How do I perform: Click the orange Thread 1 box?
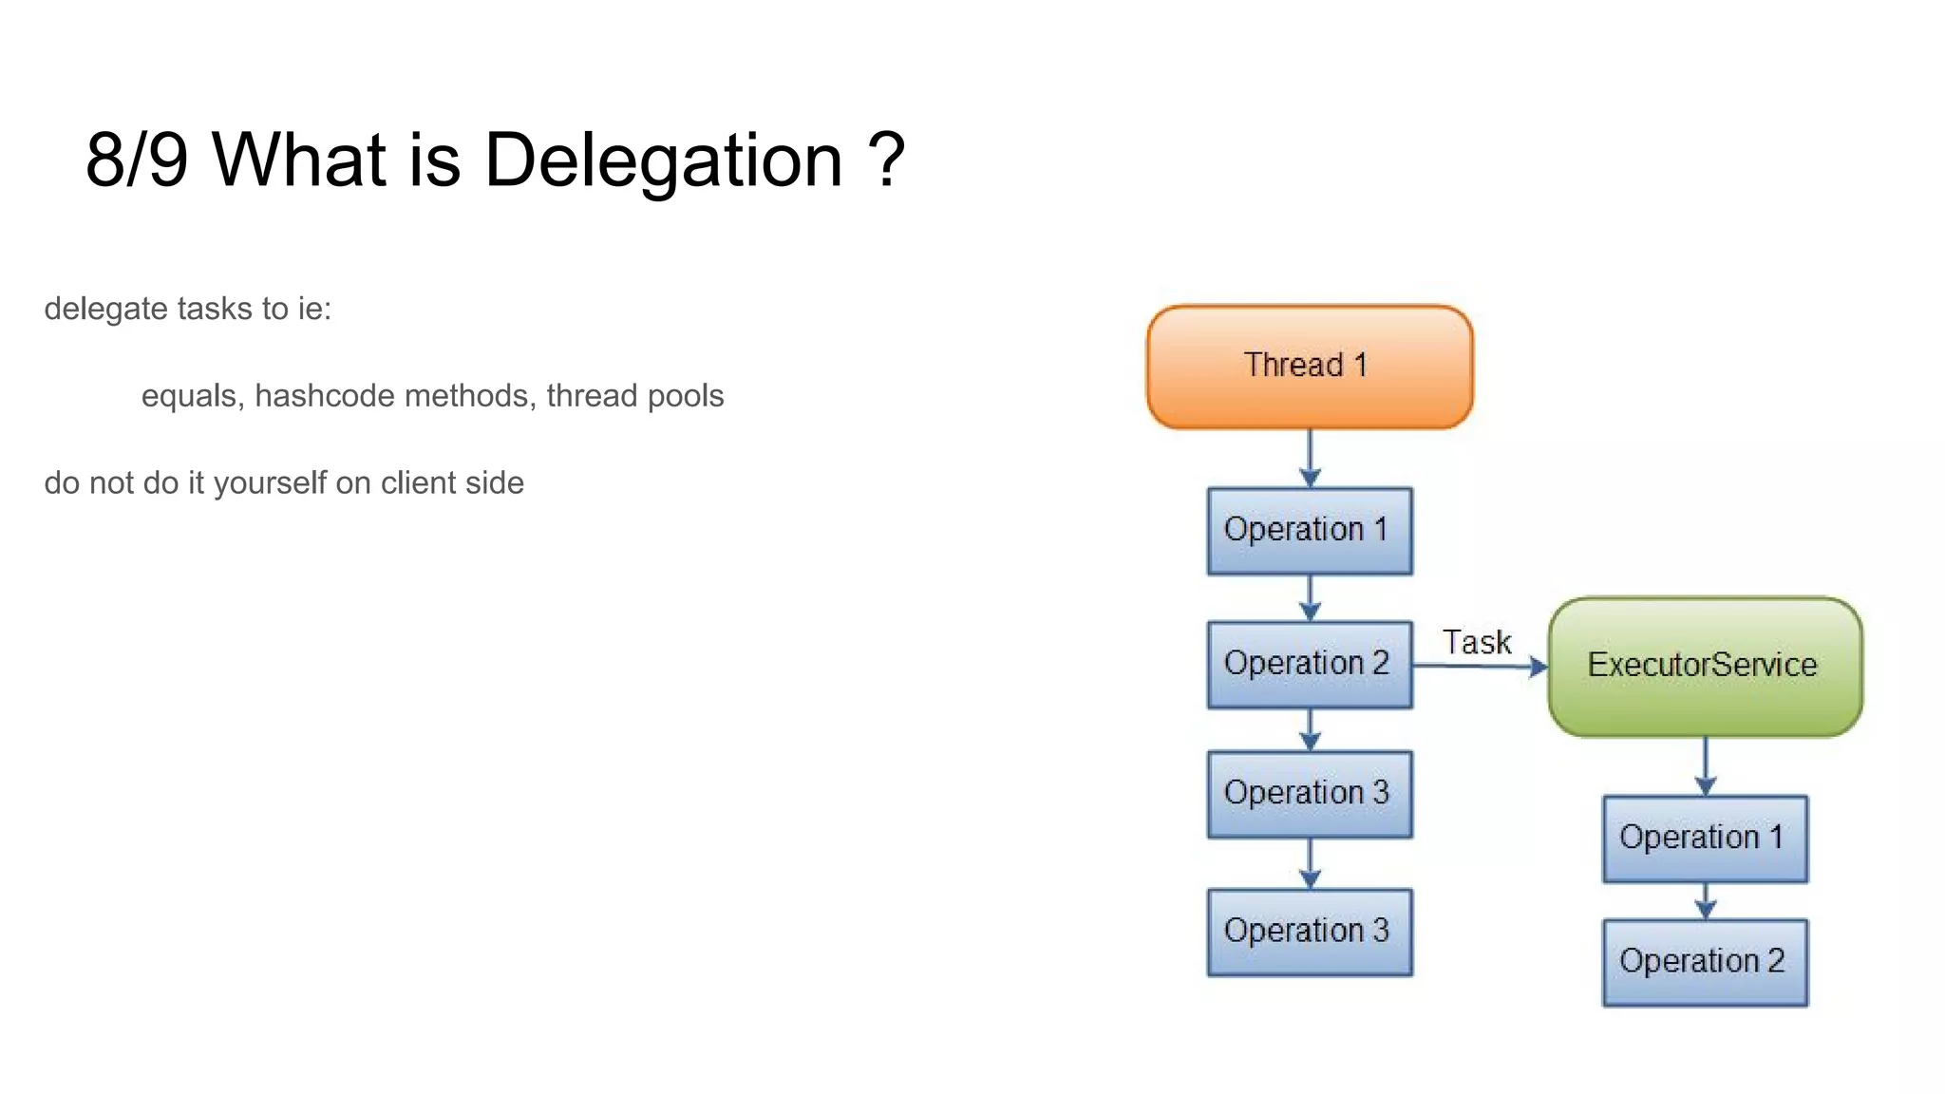pos(1310,367)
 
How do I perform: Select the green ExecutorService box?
pos(1705,666)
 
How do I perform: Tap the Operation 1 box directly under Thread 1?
pos(1310,531)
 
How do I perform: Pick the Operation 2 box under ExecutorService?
pos(1705,962)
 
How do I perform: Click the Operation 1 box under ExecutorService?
pos(1705,839)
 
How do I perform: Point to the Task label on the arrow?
pos(1477,643)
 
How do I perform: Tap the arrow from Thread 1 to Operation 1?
pos(1311,459)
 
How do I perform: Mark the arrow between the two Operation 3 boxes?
pos(1311,863)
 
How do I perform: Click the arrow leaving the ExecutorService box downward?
pos(1706,765)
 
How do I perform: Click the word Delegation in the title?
pos(664,160)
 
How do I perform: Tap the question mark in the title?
pos(886,160)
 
